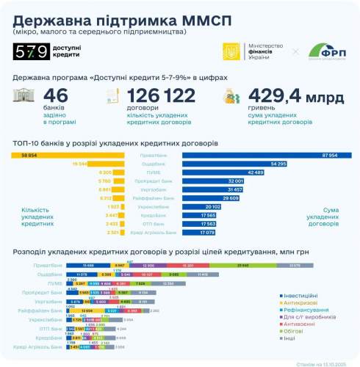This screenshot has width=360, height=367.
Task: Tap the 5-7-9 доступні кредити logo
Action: tap(45, 52)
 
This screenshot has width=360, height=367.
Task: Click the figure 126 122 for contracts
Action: tap(161, 96)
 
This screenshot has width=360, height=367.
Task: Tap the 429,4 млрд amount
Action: tap(297, 96)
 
